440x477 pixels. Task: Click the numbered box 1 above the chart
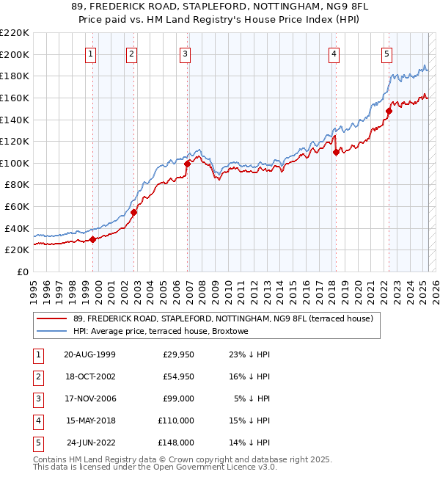(90, 53)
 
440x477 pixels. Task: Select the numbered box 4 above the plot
(334, 53)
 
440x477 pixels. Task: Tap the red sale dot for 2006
(187, 164)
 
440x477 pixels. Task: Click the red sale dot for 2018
(336, 152)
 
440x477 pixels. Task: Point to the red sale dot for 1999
(93, 238)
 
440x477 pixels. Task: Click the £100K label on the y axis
(15, 163)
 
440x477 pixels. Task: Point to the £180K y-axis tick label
(15, 76)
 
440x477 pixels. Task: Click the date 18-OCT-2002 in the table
(90, 376)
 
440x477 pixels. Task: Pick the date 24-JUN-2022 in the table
(90, 443)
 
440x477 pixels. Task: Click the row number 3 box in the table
(37, 398)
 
